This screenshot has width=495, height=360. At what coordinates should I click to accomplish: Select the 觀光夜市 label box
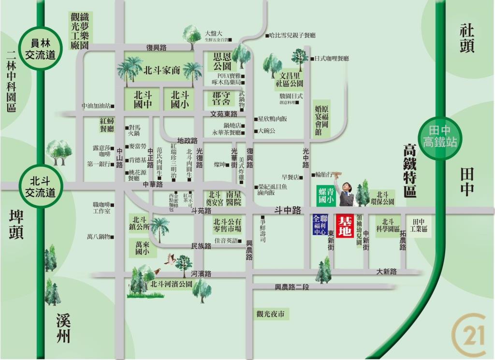click(x=271, y=314)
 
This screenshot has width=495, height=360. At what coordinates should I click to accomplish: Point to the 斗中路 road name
click(x=288, y=210)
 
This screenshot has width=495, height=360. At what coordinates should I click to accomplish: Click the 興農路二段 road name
click(x=291, y=286)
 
